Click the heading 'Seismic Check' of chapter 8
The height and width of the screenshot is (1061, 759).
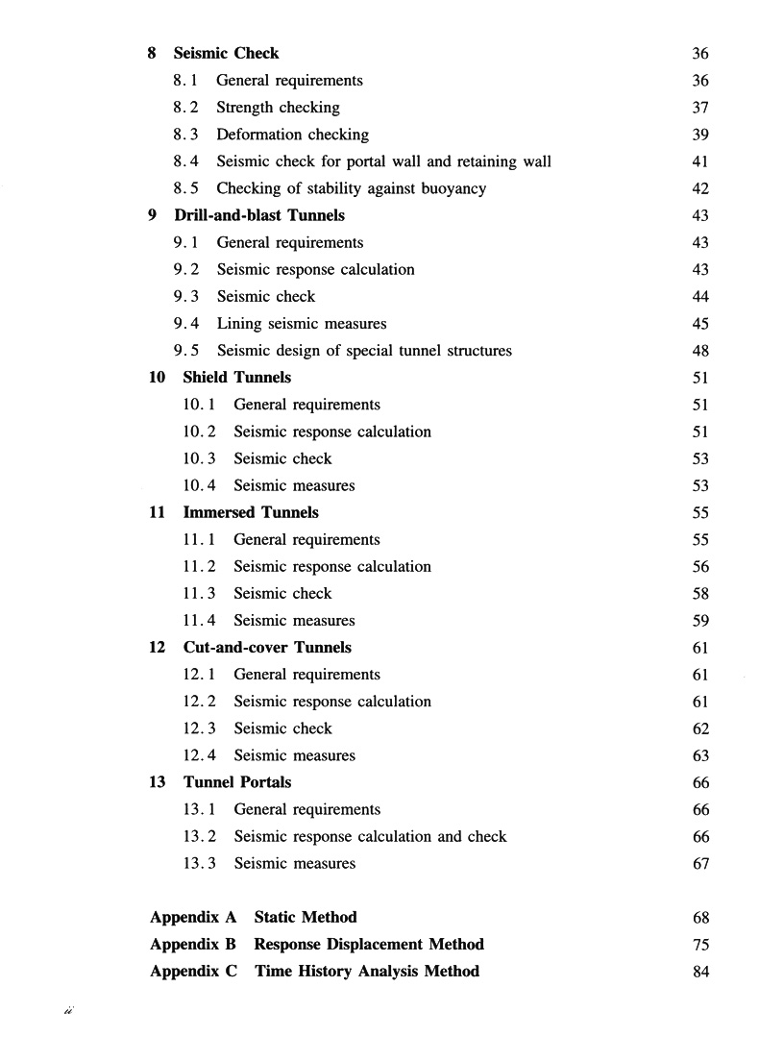pyautogui.click(x=226, y=54)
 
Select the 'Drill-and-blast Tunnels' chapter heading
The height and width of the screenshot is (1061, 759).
pyautogui.click(x=259, y=215)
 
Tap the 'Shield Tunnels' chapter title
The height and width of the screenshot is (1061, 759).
pyautogui.click(x=236, y=378)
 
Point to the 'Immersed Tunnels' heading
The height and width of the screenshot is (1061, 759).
pyautogui.click(x=251, y=512)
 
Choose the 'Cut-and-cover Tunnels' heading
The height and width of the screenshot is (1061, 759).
pyautogui.click(x=267, y=648)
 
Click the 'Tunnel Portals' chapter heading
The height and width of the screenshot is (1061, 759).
pyautogui.click(x=237, y=782)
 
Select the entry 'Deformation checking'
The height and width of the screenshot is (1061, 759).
pyautogui.click(x=292, y=135)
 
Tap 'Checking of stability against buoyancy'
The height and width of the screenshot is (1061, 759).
pyautogui.click(x=351, y=188)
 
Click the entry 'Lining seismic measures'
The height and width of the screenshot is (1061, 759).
pyautogui.click(x=301, y=324)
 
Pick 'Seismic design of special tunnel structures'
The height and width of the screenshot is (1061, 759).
pyautogui.click(x=364, y=351)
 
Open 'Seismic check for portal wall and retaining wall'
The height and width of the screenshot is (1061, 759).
pyautogui.click(x=383, y=161)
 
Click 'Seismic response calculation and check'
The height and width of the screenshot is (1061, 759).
pyautogui.click(x=370, y=836)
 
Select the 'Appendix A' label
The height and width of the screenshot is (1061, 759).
pyautogui.click(x=193, y=917)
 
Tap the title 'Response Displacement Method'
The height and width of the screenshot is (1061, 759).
pyautogui.click(x=369, y=944)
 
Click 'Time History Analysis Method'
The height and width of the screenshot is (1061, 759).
pyautogui.click(x=366, y=971)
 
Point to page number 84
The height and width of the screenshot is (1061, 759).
pyautogui.click(x=700, y=971)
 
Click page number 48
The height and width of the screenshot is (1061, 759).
pyautogui.click(x=700, y=351)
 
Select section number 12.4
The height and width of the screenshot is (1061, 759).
pyautogui.click(x=198, y=755)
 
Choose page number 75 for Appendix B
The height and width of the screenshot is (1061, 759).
pyautogui.click(x=700, y=944)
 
